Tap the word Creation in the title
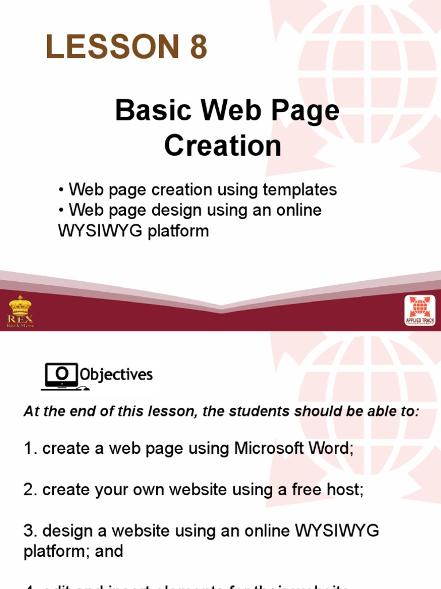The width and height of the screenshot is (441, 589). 223,146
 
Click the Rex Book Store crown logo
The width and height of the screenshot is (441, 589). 21,311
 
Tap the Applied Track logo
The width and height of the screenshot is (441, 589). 420,311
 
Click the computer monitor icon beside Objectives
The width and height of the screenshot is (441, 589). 60,376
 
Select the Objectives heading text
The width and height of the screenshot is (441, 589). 117,375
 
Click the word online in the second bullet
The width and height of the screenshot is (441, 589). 298,210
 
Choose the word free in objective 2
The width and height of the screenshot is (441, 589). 305,489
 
